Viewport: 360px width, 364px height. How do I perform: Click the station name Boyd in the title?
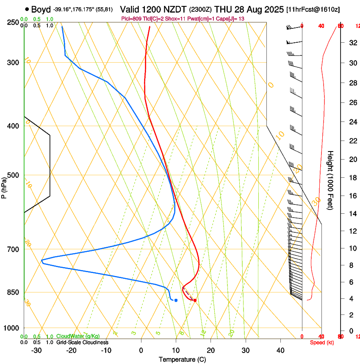pos(41,9)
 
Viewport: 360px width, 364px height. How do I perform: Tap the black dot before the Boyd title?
pos(27,9)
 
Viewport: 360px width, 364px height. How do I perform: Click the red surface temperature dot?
pos(195,301)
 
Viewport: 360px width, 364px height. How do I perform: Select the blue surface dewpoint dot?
pos(176,300)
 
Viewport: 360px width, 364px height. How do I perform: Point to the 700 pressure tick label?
pos(14,249)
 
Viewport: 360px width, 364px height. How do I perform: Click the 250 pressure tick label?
pos(14,22)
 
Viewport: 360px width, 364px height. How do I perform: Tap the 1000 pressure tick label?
pos(12,328)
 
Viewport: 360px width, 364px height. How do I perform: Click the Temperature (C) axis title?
pos(182,360)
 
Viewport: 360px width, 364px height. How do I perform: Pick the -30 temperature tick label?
pos(36,350)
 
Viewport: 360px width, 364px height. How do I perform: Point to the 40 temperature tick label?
pos(280,350)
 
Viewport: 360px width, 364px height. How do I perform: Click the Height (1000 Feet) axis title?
pos(331,180)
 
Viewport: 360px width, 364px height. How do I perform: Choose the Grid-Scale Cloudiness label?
pos(82,342)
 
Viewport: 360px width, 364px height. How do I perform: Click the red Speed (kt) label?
pos(321,342)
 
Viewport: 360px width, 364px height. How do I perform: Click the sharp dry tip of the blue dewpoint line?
pos(42,261)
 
